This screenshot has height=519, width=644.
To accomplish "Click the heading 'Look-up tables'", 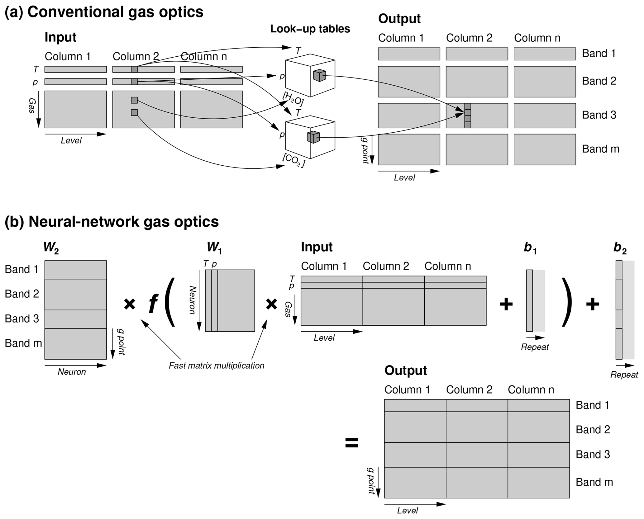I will pos(310,29).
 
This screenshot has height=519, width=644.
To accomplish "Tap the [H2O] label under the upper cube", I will pos(293,99).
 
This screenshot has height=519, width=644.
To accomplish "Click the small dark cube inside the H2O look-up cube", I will pos(319,76).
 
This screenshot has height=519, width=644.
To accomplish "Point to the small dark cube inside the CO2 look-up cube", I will pos(313,137).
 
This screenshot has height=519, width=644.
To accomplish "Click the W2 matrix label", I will pos(51,248).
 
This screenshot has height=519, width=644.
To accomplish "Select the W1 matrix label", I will pos(214,248).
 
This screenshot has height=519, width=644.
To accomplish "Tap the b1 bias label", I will pos(530,248).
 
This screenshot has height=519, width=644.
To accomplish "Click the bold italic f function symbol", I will pos(153,304).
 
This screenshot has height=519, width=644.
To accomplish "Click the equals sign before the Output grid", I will pos(352,443).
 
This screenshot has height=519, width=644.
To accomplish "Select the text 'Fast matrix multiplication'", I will pos(217,366).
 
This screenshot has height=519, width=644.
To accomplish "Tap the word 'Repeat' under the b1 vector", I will pos(535,347).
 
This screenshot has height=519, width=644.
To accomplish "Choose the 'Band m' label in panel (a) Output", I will pos(600,149).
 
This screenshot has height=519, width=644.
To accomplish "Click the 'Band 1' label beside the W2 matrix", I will pos(21,269).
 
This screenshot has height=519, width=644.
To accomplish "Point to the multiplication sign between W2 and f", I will pos(130,304).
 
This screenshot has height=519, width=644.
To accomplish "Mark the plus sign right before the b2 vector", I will pos(592,304).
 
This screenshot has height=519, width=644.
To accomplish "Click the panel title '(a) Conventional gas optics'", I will pos(104,12).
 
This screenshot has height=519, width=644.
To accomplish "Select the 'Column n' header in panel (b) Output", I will pos(531,390).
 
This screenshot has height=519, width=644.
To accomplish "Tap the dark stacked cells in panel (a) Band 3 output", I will pos(467,116).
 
